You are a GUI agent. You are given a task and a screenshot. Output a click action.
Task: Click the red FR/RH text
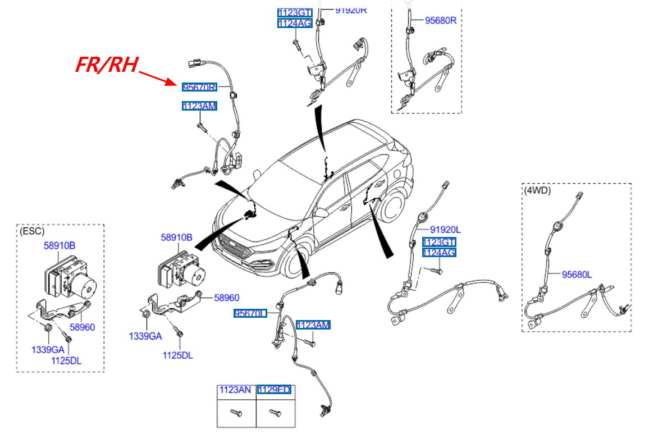coord(107,65)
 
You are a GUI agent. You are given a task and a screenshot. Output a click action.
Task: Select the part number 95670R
coord(199,87)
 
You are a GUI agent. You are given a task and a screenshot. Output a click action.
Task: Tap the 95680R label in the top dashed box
coord(441,20)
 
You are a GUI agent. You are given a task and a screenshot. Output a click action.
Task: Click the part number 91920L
coord(445,230)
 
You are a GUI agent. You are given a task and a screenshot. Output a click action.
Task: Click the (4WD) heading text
coord(537,190)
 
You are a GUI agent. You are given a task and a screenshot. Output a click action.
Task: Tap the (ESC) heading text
coord(32,231)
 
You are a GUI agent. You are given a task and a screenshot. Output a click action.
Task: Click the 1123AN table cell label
coord(235,390)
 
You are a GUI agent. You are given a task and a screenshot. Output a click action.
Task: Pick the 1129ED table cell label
coord(274,390)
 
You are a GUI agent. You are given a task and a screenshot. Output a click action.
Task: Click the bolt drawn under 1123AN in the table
coord(235,413)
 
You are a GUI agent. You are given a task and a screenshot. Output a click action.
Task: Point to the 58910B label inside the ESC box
coord(60,245)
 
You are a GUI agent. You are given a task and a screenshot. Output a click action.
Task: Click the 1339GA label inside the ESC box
coord(48,350)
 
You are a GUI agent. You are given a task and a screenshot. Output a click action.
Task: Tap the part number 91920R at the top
coord(351,10)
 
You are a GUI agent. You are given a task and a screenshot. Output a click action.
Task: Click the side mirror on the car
coord(321,212)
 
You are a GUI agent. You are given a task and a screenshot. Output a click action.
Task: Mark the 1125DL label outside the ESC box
coord(178,355)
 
